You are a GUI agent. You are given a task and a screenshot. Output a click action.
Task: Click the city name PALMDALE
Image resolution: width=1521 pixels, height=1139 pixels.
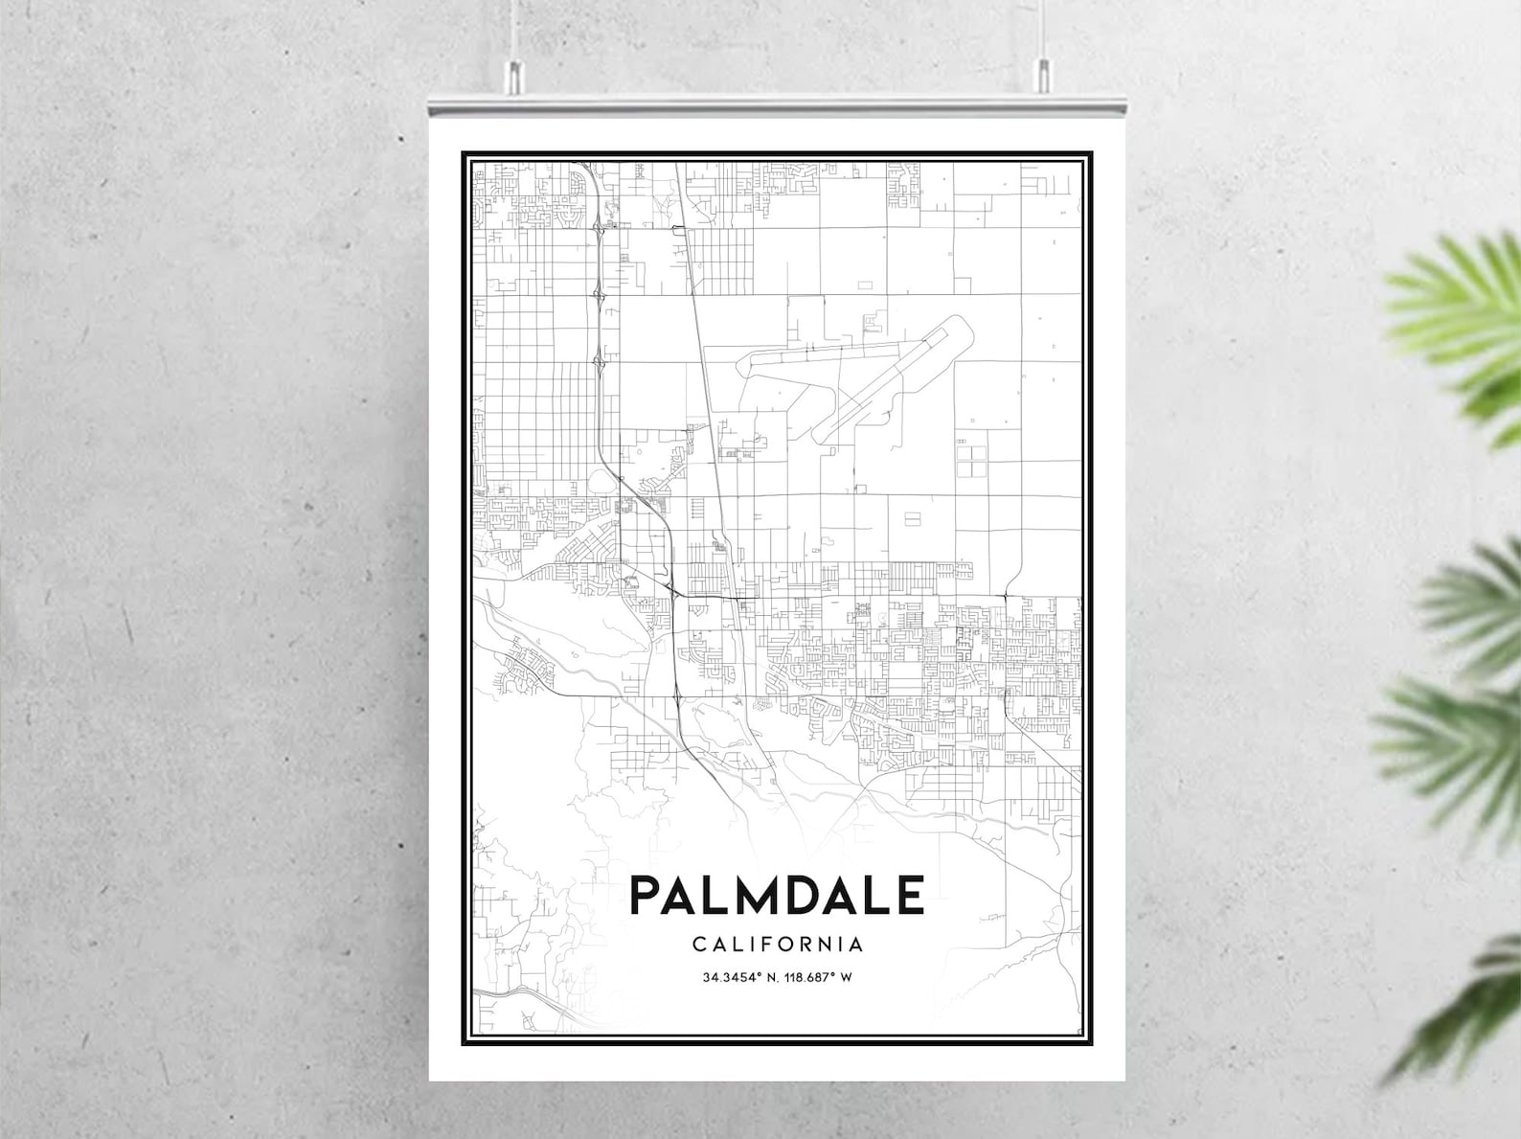coord(777,896)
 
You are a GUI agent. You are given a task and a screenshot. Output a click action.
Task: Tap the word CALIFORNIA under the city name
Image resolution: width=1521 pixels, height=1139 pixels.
coord(777,945)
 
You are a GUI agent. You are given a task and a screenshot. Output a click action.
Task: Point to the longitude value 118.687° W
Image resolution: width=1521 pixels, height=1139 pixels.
coord(817,978)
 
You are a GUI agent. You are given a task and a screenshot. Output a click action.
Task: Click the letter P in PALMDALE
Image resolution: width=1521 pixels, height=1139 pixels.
coord(648,896)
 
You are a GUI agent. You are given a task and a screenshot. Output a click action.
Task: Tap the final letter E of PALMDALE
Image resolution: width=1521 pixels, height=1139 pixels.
coord(909,896)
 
